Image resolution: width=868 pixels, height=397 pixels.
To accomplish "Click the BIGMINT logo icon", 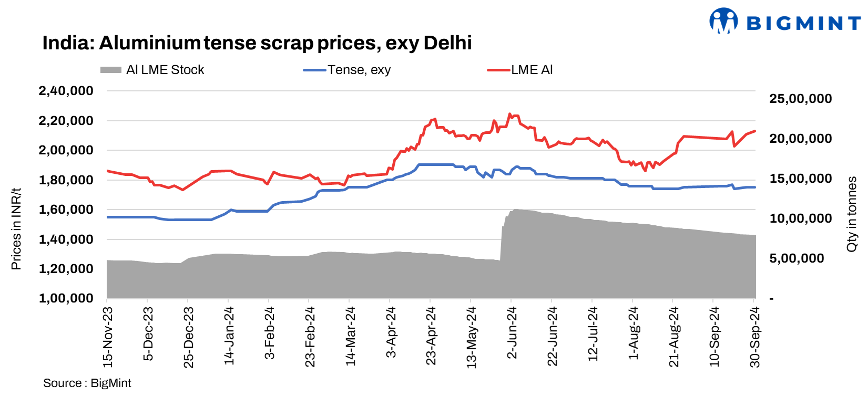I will [x=723, y=21].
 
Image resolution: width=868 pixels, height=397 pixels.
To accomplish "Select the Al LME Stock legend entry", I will [x=152, y=70].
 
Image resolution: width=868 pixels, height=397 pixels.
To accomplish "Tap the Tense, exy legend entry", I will [x=347, y=70].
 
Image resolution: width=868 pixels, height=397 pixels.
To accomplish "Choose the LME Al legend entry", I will [x=520, y=70].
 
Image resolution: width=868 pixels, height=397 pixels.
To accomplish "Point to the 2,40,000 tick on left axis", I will [x=66, y=91].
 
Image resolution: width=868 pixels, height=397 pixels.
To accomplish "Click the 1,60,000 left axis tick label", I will [x=66, y=210].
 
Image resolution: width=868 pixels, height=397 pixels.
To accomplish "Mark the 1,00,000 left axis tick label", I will [x=66, y=298].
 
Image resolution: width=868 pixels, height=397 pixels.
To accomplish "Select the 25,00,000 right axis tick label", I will [x=800, y=99].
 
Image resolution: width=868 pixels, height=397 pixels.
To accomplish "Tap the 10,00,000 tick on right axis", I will [x=800, y=218].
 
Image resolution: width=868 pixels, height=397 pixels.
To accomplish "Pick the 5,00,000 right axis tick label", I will [x=796, y=258].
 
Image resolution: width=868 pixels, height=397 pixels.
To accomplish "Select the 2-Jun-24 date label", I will [x=512, y=334].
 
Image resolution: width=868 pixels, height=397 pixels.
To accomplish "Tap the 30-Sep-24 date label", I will [x=755, y=337].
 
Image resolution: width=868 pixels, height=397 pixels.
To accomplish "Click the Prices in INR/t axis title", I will [x=16, y=229].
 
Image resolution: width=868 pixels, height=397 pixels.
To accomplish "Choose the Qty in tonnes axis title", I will [x=852, y=214].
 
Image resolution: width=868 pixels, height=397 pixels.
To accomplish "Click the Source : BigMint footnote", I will [x=87, y=383].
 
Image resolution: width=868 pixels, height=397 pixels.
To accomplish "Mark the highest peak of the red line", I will [x=509, y=113].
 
